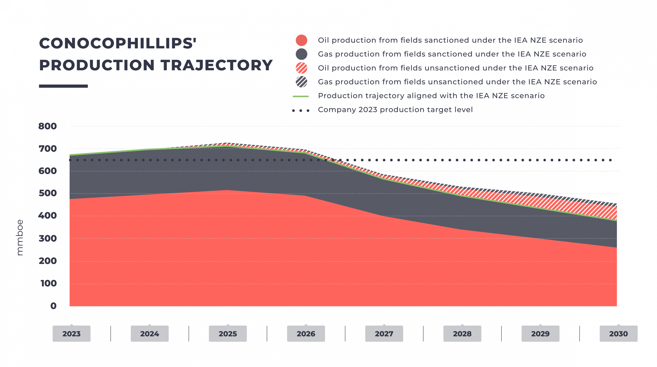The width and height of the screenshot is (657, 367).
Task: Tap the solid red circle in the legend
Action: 301,41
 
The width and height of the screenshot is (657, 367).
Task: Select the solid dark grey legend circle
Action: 301,54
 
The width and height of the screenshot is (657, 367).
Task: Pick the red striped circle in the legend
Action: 301,68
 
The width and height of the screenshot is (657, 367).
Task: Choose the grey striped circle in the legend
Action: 301,82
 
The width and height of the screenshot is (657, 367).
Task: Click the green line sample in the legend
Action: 301,96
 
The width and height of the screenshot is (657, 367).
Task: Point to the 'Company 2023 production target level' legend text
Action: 395,110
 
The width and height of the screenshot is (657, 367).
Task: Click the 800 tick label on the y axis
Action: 48,126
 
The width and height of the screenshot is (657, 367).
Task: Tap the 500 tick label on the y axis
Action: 48,193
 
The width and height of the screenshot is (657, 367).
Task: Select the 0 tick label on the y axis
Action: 53,306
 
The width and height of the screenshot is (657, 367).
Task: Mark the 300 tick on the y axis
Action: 48,239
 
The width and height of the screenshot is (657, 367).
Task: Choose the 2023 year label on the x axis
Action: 71,334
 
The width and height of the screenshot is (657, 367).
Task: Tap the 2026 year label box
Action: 306,334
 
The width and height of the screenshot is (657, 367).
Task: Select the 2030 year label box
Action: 619,334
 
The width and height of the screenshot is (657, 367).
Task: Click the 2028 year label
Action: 462,334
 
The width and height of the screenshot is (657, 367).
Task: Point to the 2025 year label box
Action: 228,334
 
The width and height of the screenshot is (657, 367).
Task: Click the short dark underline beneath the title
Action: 63,86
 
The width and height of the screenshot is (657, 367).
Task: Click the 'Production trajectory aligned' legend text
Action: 431,96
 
